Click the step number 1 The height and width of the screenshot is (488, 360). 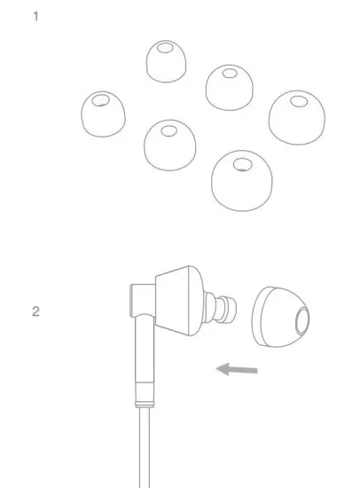pos(35,16)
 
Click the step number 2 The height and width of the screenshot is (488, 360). pos(35,311)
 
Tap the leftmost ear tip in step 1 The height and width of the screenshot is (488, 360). pos(102,116)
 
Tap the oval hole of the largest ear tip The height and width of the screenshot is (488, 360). pos(242,161)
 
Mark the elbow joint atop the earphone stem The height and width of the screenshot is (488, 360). pos(139,300)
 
